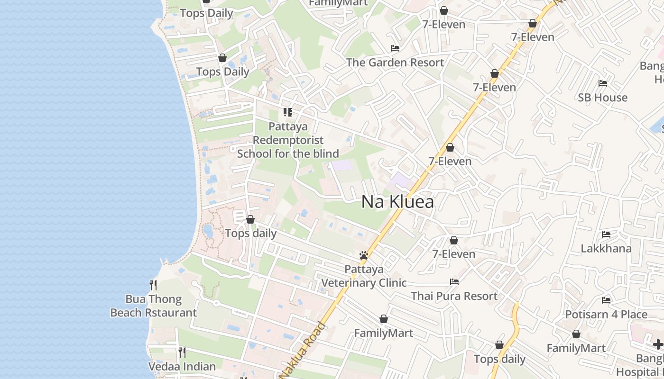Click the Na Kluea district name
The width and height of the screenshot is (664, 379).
coord(397,202)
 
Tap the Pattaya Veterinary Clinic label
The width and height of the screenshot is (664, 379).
coord(364,276)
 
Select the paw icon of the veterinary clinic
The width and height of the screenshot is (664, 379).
coord(364,256)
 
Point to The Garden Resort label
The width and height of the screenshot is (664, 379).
coord(395,63)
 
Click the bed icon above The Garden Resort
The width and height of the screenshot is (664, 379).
coord(395,48)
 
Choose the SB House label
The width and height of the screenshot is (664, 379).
coord(602,98)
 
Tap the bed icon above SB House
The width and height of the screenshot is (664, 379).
coord(603,83)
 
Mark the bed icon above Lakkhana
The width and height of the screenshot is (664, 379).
coord(606,235)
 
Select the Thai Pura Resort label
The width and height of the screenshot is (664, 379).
coord(454,296)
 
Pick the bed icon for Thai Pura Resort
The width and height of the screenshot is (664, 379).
coord(454,282)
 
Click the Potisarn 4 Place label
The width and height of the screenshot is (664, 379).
coord(606,315)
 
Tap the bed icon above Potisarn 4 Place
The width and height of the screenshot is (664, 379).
coord(606,300)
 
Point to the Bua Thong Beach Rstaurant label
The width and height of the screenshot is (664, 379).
coord(153,306)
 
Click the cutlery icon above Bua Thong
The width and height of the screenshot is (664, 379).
coord(153,285)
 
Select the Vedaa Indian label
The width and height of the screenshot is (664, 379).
coord(182,367)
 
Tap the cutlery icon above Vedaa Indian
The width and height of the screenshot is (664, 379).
coord(182,352)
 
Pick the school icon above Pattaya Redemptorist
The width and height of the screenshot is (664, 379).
coord(288,112)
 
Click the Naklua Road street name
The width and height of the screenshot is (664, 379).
coord(303,351)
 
